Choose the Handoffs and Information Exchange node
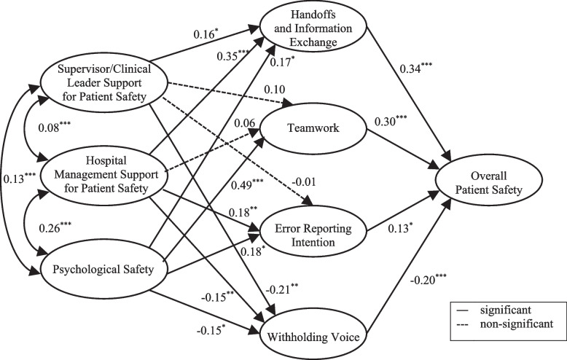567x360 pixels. click(318, 29)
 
